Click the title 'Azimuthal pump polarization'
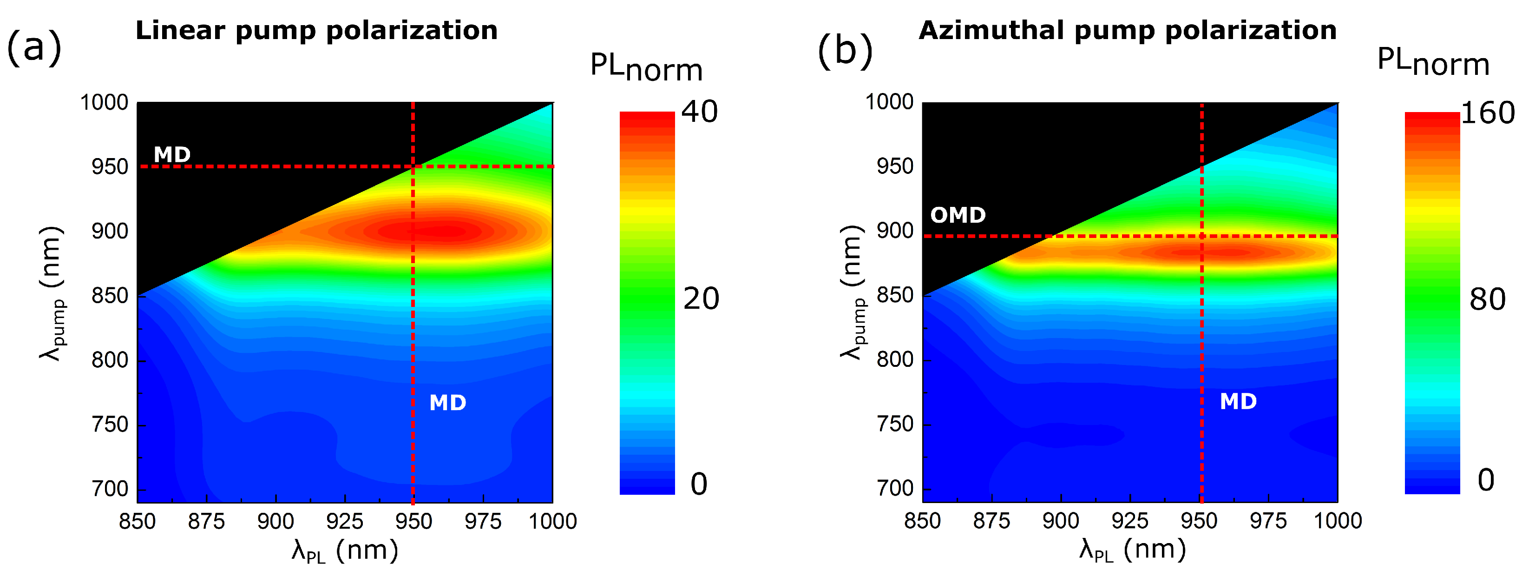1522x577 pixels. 1127,31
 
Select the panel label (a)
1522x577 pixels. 33,47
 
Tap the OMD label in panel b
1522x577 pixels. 958,215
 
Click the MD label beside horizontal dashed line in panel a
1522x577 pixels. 172,155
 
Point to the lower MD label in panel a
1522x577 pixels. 447,403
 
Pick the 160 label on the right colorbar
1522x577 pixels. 1487,113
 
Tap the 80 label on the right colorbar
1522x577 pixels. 1487,300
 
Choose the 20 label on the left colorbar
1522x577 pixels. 701,299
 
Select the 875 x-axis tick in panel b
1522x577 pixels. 991,521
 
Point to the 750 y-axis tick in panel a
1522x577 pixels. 110,424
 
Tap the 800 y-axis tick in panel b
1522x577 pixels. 895,359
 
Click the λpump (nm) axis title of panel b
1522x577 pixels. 852,292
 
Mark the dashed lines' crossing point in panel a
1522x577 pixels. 413,167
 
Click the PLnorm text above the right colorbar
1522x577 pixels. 1433,62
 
